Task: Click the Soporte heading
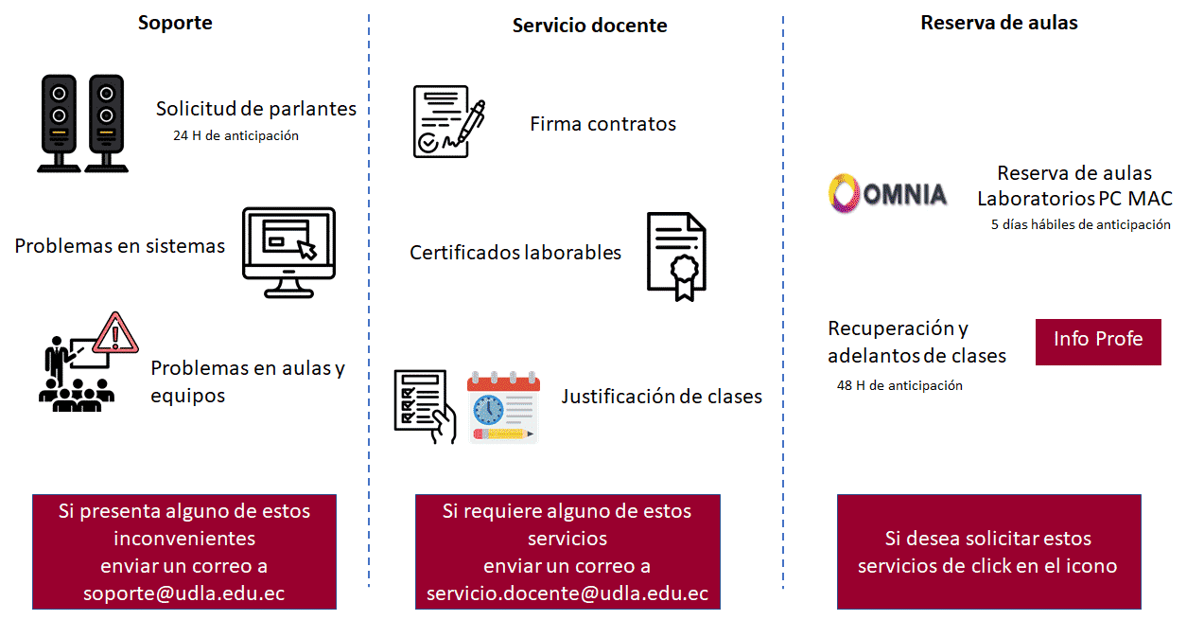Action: pyautogui.click(x=175, y=23)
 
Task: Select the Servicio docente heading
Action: pyautogui.click(x=589, y=26)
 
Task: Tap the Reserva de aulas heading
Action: pyautogui.click(x=999, y=23)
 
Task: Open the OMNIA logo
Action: pyautogui.click(x=887, y=194)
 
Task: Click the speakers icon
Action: pyautogui.click(x=82, y=124)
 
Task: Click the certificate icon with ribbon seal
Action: pyautogui.click(x=676, y=256)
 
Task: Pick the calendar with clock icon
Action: pyautogui.click(x=503, y=408)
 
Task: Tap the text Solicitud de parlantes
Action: pyautogui.click(x=256, y=109)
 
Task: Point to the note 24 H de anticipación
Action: pyautogui.click(x=236, y=135)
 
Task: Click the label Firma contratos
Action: pyautogui.click(x=602, y=124)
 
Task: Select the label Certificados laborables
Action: pyautogui.click(x=515, y=253)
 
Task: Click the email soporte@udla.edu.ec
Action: pyautogui.click(x=184, y=593)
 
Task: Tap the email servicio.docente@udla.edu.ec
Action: pyautogui.click(x=567, y=593)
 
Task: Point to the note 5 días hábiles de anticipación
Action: pyautogui.click(x=1080, y=225)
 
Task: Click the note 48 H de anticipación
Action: pyautogui.click(x=899, y=385)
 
